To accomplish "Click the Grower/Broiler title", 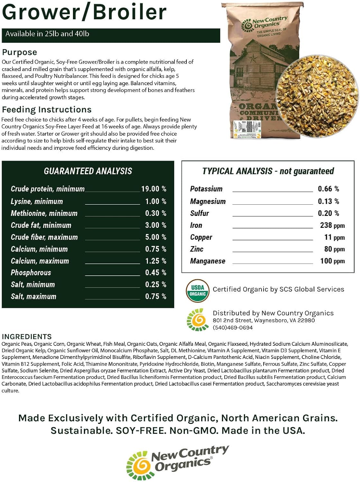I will tap(84, 12).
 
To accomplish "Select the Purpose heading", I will tap(20, 52).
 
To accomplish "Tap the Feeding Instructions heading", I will tap(47, 110).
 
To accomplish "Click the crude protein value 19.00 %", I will tap(154, 189).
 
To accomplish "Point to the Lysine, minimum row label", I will tap(37, 201).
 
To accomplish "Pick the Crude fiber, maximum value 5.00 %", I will tap(156, 237).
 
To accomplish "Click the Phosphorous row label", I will tap(31, 273).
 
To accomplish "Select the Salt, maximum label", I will tap(33, 297).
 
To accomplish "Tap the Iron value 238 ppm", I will tap(332, 226).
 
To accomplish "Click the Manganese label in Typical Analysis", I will tap(208, 261).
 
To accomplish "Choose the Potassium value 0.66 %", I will tap(328, 189).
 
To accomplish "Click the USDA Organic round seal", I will tap(198, 290).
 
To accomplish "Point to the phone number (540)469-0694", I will tap(233, 328).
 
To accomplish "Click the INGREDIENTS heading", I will tap(27, 337).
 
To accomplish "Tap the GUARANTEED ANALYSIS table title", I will tap(88, 171).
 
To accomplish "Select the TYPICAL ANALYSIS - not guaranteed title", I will tap(268, 171).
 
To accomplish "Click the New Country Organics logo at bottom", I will tap(178, 463).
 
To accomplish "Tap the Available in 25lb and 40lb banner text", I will tap(47, 34).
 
